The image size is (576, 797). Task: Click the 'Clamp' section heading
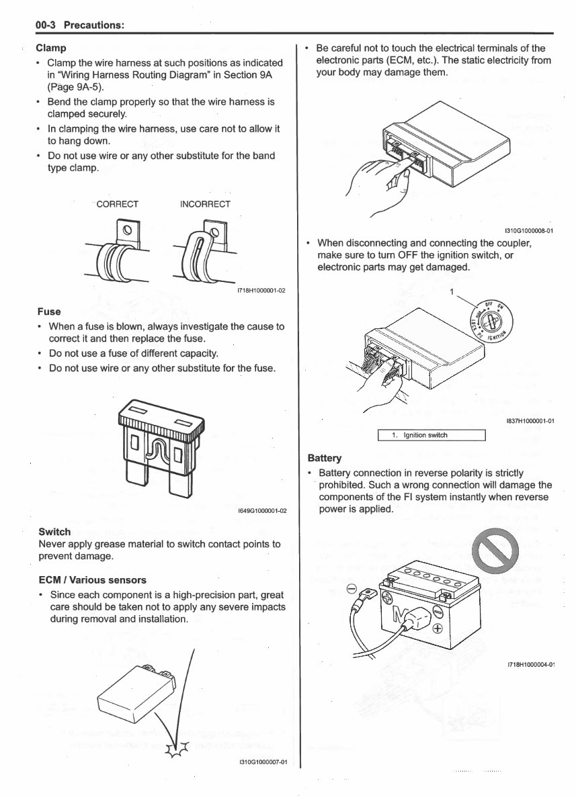(50, 48)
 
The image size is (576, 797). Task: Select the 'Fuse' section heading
(49, 312)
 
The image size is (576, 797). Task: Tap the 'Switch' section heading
(55, 532)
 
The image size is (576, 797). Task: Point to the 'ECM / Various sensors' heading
(92, 579)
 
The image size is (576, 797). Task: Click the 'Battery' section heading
(324, 458)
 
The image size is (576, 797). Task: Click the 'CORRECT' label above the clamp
(118, 204)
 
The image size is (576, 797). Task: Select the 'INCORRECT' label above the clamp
(205, 204)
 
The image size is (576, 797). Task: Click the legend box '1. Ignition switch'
(431, 435)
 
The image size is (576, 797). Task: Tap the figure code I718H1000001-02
(261, 291)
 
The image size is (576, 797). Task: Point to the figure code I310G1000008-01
(528, 230)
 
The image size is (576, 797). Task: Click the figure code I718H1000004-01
(530, 665)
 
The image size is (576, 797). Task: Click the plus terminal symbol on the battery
(438, 629)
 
